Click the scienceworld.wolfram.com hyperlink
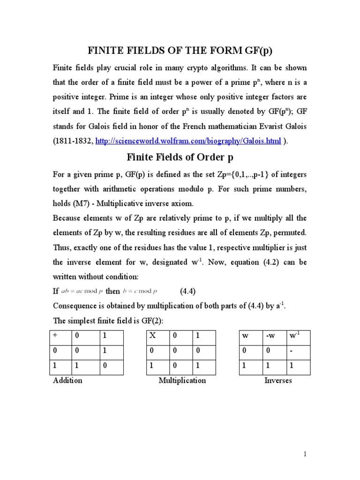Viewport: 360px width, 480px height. click(188, 141)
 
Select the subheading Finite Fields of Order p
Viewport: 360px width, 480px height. click(180, 157)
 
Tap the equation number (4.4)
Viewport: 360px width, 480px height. click(190, 291)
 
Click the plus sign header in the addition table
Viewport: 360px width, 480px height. click(55, 336)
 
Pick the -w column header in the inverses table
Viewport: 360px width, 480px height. click(270, 336)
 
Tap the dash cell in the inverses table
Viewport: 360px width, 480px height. click(292, 351)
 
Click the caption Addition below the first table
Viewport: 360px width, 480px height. click(67, 380)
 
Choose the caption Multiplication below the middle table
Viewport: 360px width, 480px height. click(182, 380)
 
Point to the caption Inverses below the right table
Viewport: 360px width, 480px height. click(278, 380)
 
